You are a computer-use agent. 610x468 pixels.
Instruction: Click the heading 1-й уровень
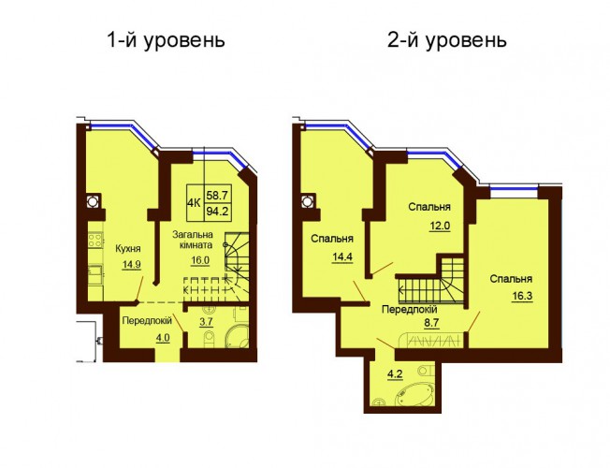point(167,40)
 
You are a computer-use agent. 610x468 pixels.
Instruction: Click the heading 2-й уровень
point(447,40)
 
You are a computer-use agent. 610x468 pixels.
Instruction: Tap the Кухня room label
point(128,249)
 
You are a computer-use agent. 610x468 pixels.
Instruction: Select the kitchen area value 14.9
point(132,265)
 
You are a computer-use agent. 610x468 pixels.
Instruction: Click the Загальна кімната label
point(193,240)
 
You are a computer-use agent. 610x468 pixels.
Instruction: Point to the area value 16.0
point(200,260)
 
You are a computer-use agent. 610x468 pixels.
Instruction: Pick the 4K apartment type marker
point(194,203)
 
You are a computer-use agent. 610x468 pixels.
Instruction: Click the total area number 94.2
point(217,212)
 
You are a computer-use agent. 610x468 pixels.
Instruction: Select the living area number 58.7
point(217,194)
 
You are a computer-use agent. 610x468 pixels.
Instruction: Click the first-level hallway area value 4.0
point(163,337)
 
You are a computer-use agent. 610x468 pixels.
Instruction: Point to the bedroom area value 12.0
point(441,226)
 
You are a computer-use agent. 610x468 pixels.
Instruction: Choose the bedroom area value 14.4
point(342,257)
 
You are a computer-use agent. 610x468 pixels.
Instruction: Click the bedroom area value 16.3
point(522,296)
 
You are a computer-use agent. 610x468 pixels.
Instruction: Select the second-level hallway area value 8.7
point(432,324)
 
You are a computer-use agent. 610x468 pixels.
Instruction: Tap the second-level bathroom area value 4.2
point(394,374)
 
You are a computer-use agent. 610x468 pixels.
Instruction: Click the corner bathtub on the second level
point(414,393)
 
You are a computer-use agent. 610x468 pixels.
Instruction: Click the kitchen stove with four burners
point(95,239)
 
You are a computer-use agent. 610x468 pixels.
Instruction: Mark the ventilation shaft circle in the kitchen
point(93,201)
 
